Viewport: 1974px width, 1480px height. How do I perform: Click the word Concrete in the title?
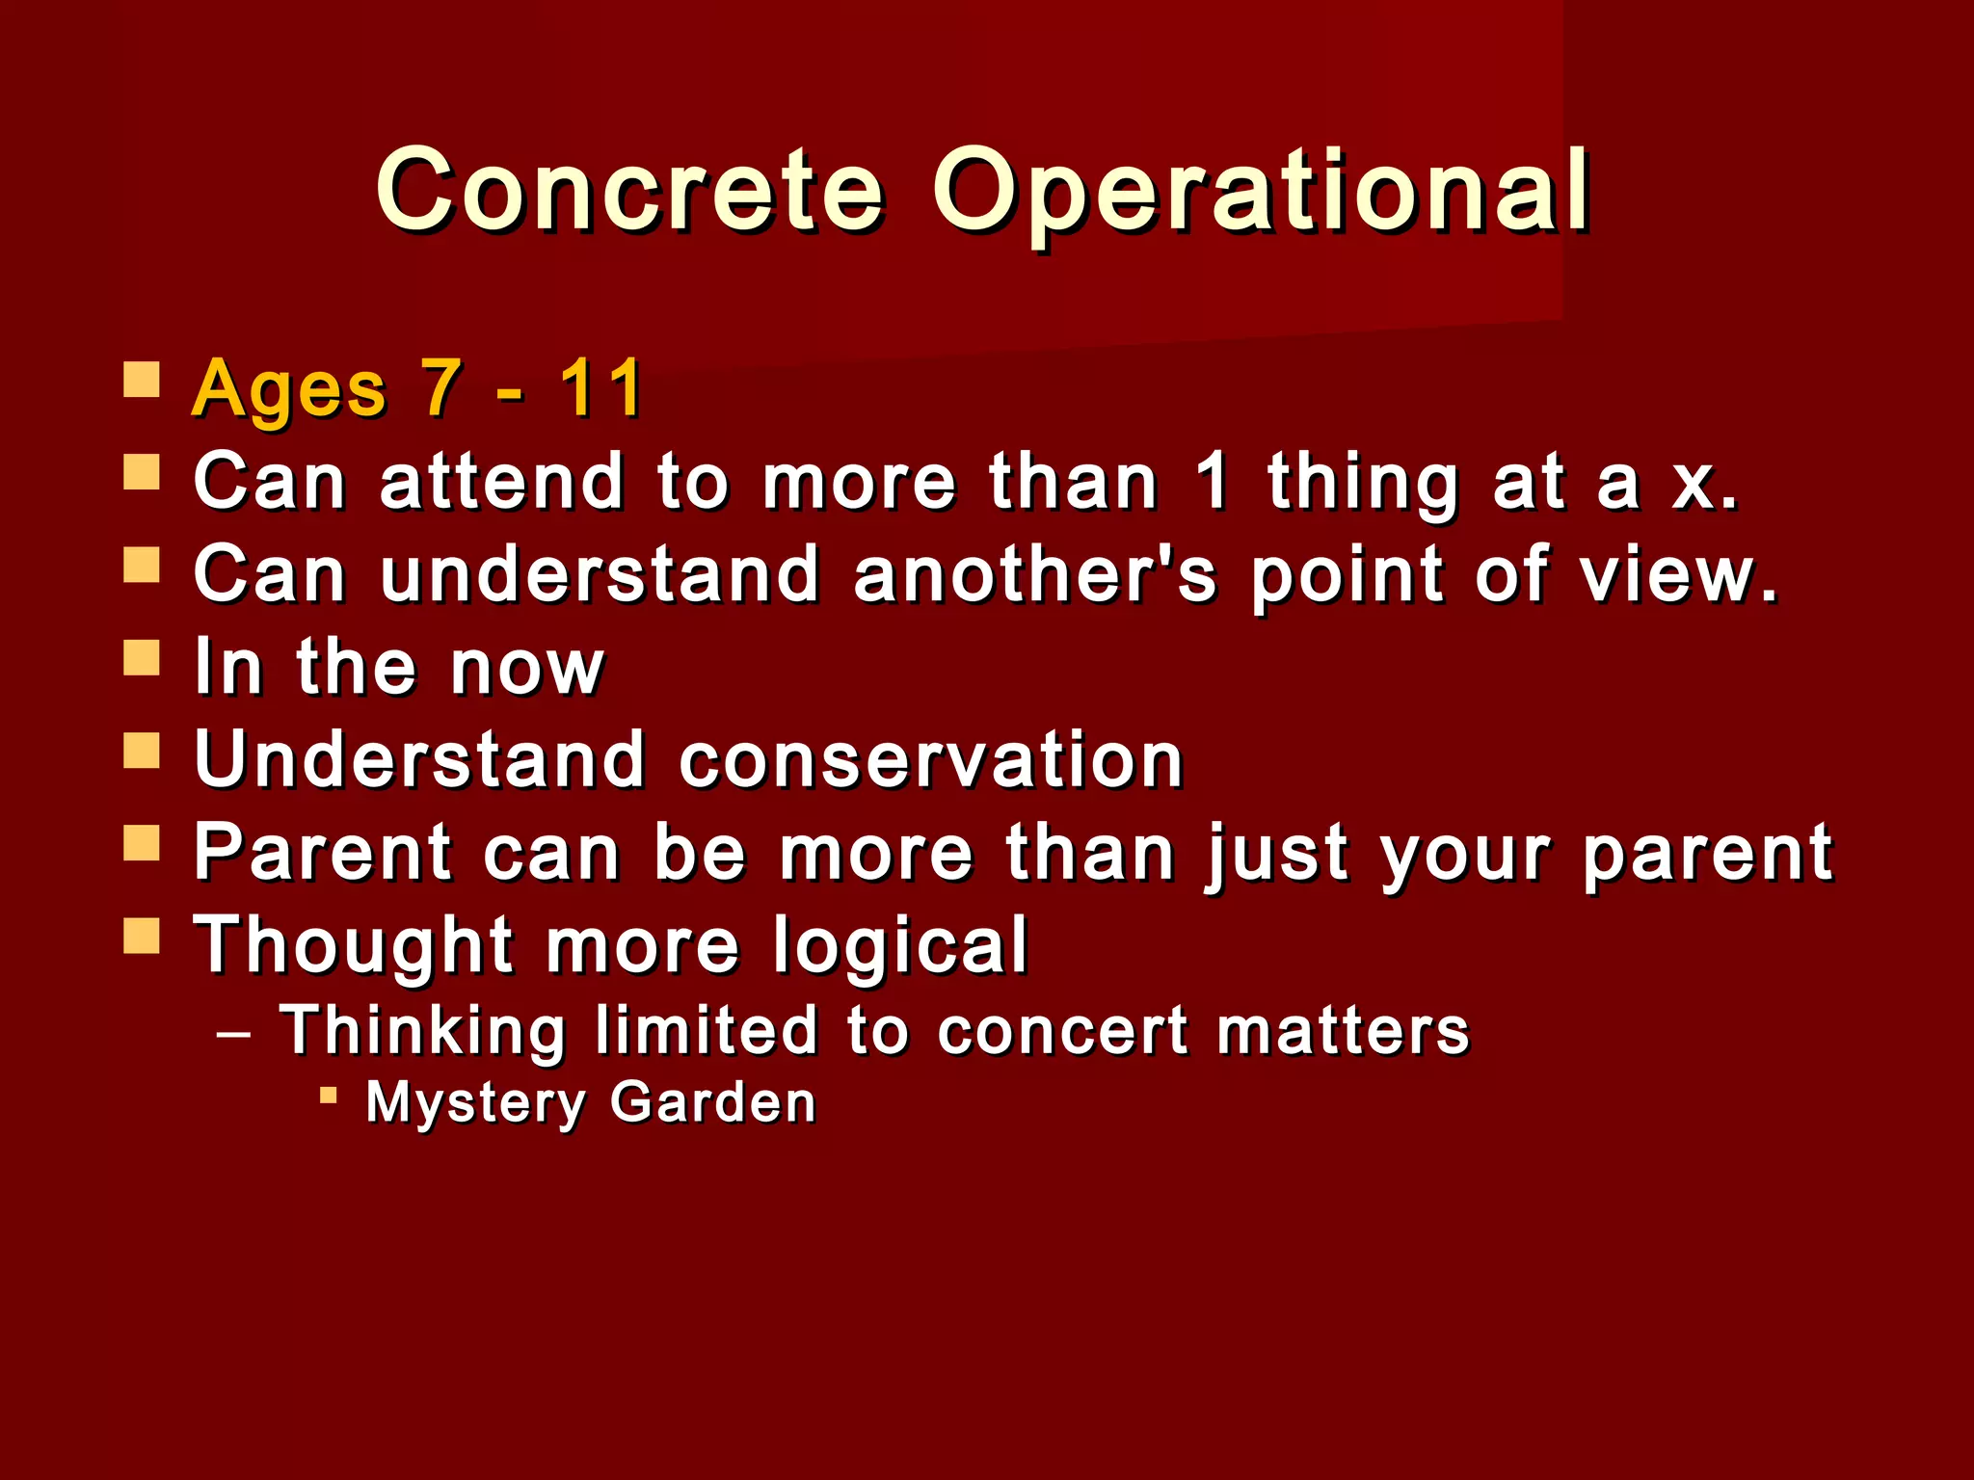[x=629, y=191]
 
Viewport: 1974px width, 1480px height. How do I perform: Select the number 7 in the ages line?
[x=440, y=388]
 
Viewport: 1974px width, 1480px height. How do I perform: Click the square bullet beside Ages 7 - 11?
[x=142, y=381]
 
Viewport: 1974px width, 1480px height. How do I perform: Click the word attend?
[x=501, y=482]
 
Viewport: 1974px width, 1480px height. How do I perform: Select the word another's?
[x=1035, y=574]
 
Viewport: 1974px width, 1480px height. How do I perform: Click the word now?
[x=527, y=667]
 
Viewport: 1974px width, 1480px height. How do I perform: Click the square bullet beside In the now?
[x=142, y=659]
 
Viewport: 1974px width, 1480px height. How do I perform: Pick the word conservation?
[x=931, y=759]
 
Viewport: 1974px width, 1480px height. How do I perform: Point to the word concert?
[x=1062, y=1031]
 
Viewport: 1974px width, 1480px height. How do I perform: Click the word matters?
[x=1343, y=1031]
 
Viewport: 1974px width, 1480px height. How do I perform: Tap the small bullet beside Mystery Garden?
[x=329, y=1096]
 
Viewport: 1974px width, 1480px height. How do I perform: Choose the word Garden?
[x=713, y=1102]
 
